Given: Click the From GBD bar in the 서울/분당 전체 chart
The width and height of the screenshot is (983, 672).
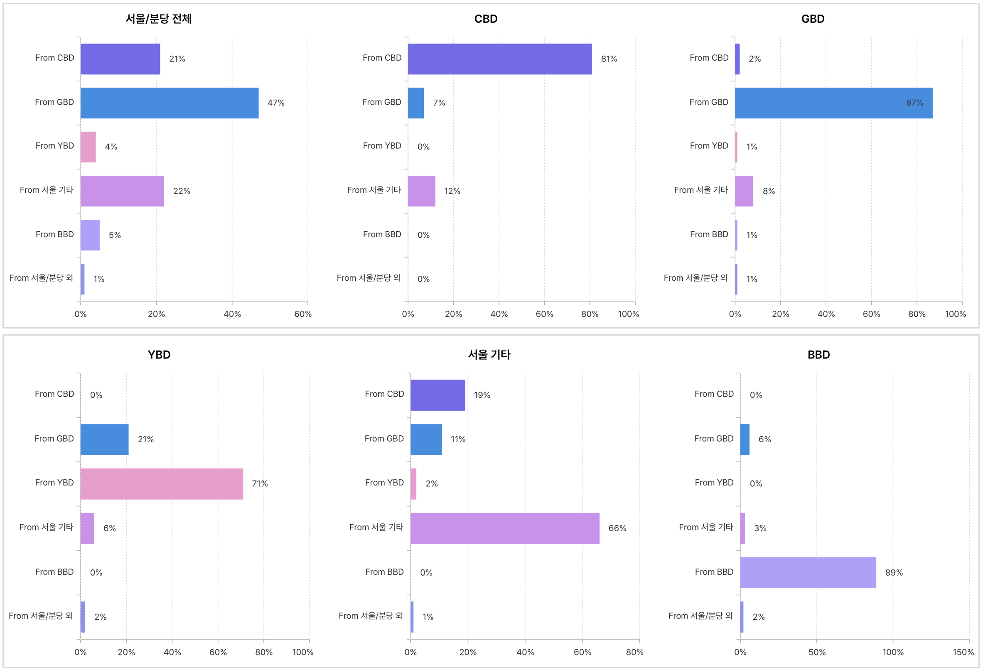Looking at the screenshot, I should pyautogui.click(x=169, y=103).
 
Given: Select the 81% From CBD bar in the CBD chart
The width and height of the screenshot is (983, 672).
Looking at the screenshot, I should pyautogui.click(x=499, y=59).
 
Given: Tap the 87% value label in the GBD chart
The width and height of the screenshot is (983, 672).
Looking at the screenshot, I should pyautogui.click(x=914, y=103).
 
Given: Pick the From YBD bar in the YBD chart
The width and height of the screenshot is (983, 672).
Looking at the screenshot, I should pyautogui.click(x=162, y=483).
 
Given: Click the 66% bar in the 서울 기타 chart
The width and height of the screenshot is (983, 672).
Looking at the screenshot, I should pyautogui.click(x=505, y=528).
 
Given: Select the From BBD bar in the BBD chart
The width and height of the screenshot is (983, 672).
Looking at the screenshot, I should pyautogui.click(x=808, y=572).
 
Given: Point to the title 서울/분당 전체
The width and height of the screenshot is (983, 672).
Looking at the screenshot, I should pyautogui.click(x=159, y=19).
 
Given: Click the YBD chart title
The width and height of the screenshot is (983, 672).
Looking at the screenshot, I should pyautogui.click(x=159, y=354).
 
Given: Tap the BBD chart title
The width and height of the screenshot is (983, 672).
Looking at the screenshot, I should pyautogui.click(x=818, y=354).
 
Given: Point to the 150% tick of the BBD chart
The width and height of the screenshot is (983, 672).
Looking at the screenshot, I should pyautogui.click(x=963, y=652).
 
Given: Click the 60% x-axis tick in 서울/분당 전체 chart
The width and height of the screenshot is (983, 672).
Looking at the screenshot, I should pyautogui.click(x=303, y=314).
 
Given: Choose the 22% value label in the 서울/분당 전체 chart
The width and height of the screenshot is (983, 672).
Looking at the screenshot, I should pyautogui.click(x=182, y=191).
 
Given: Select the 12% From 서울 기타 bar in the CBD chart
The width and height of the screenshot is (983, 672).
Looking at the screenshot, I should pyautogui.click(x=421, y=191).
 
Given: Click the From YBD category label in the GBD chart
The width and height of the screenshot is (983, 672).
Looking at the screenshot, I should pyautogui.click(x=709, y=146).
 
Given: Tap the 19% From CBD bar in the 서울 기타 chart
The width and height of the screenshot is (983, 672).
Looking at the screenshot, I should pyautogui.click(x=437, y=395).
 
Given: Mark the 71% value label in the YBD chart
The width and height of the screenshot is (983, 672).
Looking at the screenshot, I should pyautogui.click(x=260, y=483).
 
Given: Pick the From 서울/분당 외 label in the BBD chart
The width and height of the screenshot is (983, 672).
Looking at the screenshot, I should pyautogui.click(x=700, y=616).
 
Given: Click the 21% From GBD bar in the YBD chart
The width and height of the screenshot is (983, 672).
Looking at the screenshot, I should pyautogui.click(x=104, y=439).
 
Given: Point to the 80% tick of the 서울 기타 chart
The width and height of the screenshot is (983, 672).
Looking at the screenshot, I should pyautogui.click(x=634, y=652).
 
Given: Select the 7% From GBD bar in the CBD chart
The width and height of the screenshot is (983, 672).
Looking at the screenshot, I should pyautogui.click(x=416, y=103).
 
